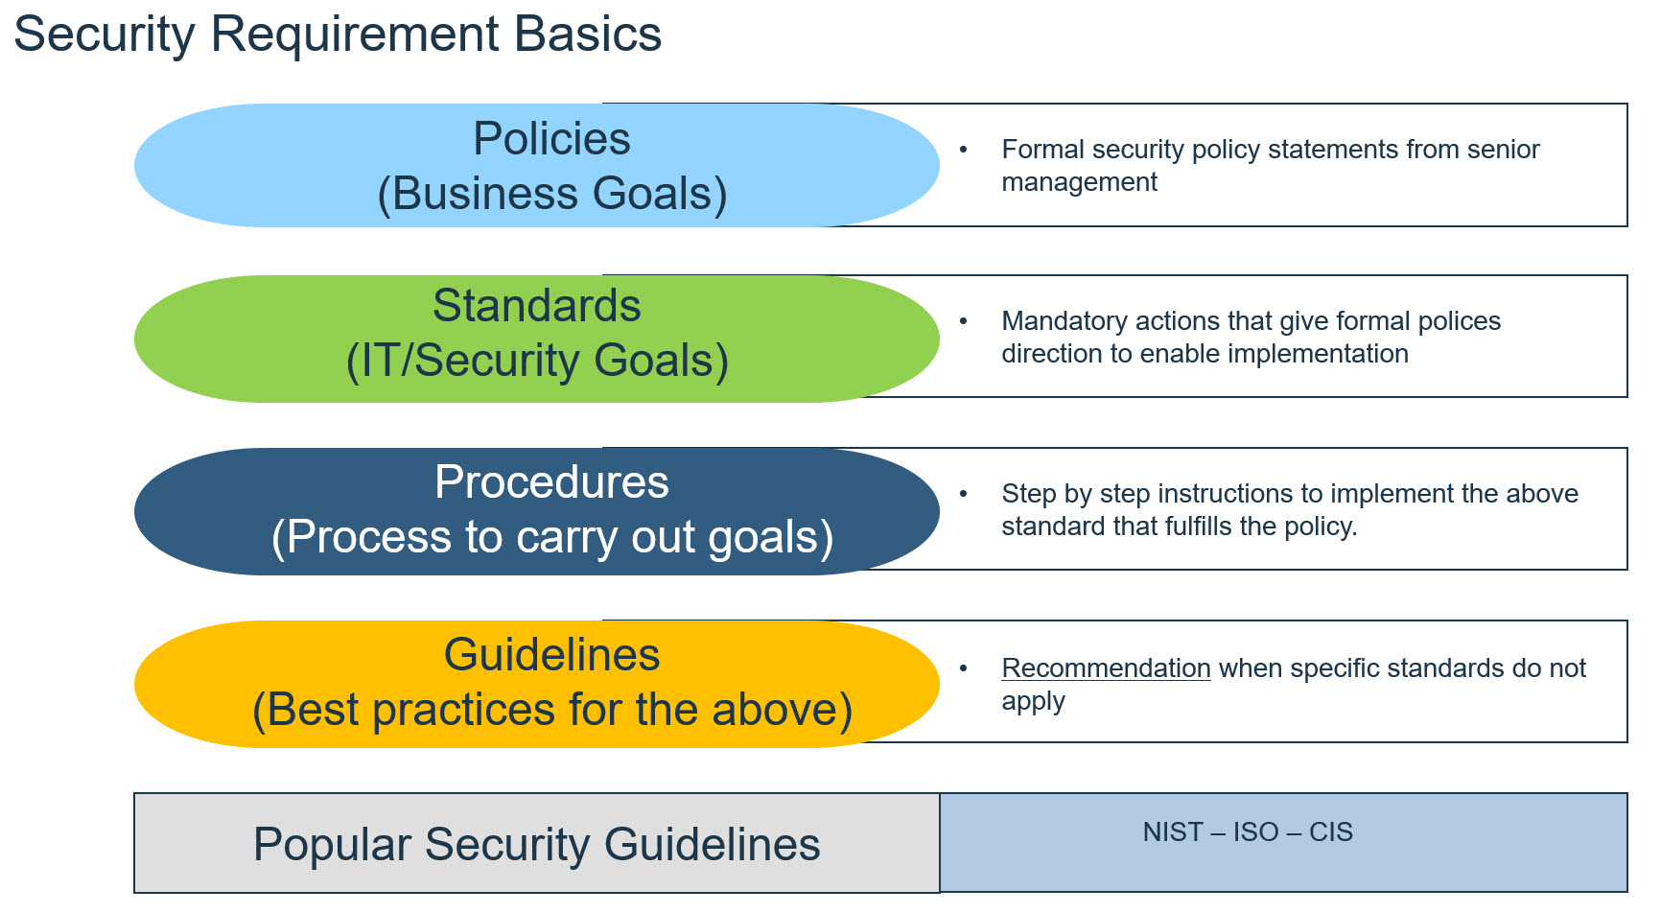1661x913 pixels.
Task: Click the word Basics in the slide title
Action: [588, 35]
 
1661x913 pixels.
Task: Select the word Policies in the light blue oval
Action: [551, 139]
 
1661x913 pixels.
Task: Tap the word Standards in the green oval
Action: [536, 306]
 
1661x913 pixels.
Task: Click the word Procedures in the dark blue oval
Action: [551, 481]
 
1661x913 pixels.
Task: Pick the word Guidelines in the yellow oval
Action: [551, 655]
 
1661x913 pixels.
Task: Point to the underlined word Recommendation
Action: [1106, 667]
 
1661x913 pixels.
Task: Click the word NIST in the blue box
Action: [1172, 831]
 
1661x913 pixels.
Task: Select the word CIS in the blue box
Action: [1331, 831]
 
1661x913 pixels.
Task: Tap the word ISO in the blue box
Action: [1255, 831]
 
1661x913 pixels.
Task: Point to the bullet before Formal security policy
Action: [964, 150]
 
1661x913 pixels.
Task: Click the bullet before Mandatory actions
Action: [964, 321]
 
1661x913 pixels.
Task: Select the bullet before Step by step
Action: [964, 494]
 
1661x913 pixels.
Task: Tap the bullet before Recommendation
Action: [964, 668]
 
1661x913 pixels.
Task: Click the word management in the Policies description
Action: [1079, 182]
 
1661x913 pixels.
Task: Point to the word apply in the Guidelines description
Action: [1033, 702]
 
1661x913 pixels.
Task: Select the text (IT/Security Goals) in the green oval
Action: [537, 361]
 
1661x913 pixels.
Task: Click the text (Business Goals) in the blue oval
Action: [552, 194]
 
